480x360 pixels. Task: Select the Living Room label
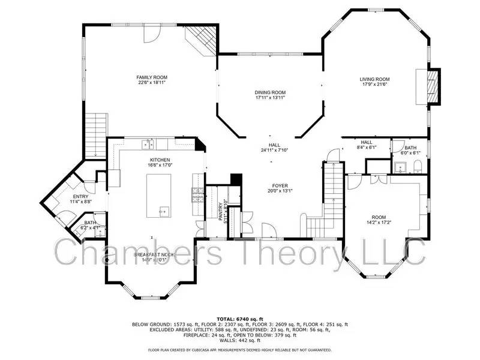(x=374, y=79)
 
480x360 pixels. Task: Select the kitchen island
(x=159, y=196)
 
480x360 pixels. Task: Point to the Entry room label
(x=80, y=197)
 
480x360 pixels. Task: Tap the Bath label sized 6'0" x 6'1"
(x=410, y=148)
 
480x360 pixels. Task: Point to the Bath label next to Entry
(x=90, y=222)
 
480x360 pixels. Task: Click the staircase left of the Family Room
(x=96, y=135)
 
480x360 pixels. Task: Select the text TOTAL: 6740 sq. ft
(x=239, y=319)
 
